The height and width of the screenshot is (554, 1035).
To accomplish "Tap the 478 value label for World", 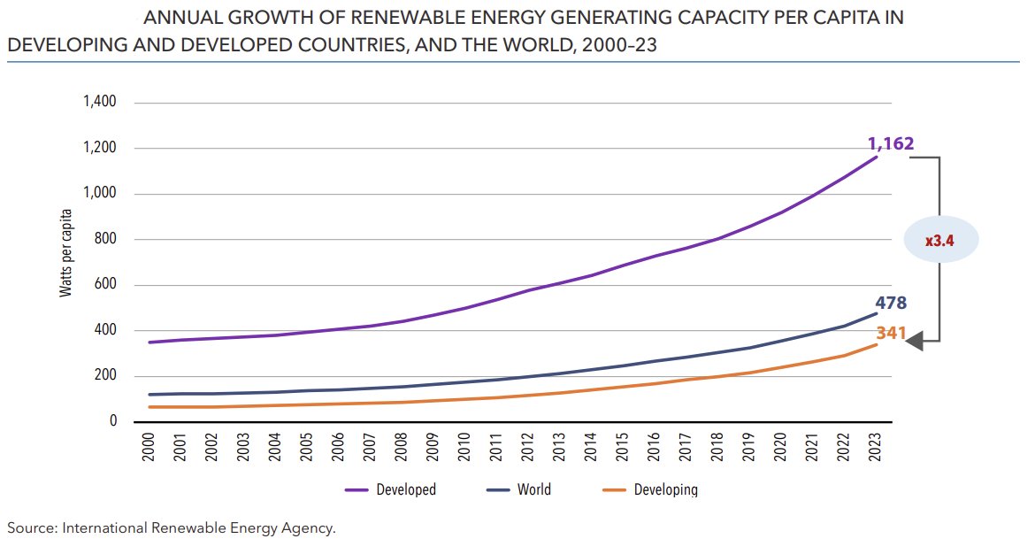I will pyautogui.click(x=891, y=304).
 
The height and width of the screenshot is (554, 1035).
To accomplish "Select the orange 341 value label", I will pyautogui.click(x=892, y=334).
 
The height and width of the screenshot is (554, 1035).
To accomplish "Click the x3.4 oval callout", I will pyautogui.click(x=940, y=241).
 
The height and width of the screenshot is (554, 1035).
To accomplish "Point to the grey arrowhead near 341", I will pyautogui.click(x=914, y=341).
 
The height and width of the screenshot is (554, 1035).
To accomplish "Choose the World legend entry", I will pyautogui.click(x=533, y=489).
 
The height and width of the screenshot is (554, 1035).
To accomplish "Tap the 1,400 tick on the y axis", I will pyautogui.click(x=99, y=102).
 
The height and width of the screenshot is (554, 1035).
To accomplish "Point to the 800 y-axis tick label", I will pyautogui.click(x=105, y=239).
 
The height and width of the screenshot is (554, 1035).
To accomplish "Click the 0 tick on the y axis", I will pyautogui.click(x=113, y=421).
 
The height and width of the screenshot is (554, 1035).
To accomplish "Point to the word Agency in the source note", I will pyautogui.click(x=310, y=528).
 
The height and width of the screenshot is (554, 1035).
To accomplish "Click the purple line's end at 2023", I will pyautogui.click(x=877, y=157).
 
